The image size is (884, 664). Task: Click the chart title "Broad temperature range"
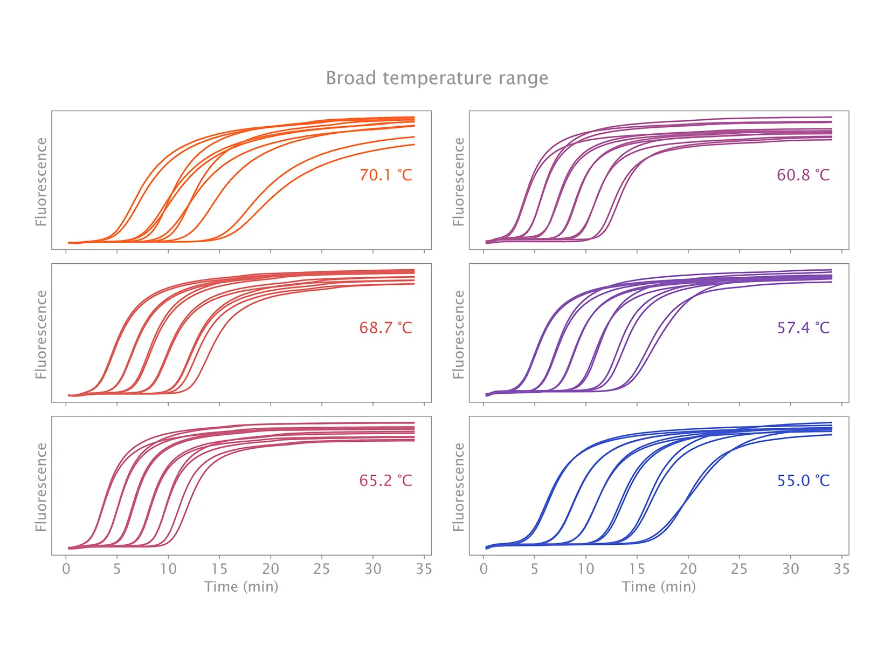pyautogui.click(x=437, y=79)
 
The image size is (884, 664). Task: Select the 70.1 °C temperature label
pyautogui.click(x=385, y=175)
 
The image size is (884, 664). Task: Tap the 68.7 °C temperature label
pyautogui.click(x=385, y=328)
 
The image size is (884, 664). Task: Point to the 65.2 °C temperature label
pyautogui.click(x=385, y=481)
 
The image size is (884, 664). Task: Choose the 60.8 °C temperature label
pyautogui.click(x=803, y=175)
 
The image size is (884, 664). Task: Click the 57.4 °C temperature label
pyautogui.click(x=803, y=328)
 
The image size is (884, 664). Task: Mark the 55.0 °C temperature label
pyautogui.click(x=803, y=481)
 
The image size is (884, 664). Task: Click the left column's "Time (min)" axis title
pyautogui.click(x=241, y=587)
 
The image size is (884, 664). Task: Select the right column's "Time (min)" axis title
pyautogui.click(x=659, y=587)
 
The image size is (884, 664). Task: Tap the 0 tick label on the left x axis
pyautogui.click(x=66, y=569)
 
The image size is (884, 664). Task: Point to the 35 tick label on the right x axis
pyautogui.click(x=841, y=569)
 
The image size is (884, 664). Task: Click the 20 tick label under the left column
pyautogui.click(x=271, y=569)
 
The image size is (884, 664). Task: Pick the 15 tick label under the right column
pyautogui.click(x=637, y=569)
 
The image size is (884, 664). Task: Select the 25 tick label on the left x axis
pyautogui.click(x=322, y=569)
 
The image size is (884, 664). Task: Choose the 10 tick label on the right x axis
pyautogui.click(x=586, y=569)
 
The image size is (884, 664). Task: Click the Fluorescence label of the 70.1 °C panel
pyautogui.click(x=41, y=181)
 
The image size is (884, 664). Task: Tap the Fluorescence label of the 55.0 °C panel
pyautogui.click(x=459, y=487)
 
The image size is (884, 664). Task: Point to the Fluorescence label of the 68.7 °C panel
pyautogui.click(x=41, y=334)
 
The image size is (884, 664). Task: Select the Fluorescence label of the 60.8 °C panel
pyautogui.click(x=459, y=181)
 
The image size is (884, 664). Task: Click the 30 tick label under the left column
pyautogui.click(x=373, y=569)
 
